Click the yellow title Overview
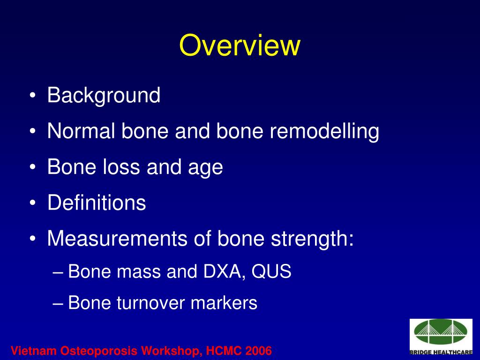click(x=240, y=45)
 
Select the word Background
click(x=104, y=96)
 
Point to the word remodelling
click(x=324, y=131)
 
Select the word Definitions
click(x=97, y=203)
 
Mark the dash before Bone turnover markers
click(x=58, y=303)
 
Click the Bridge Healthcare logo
click(x=441, y=337)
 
